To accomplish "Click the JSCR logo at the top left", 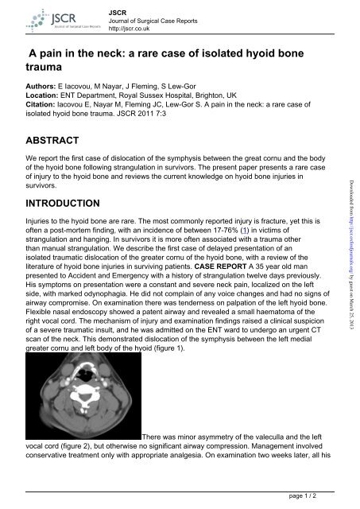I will [x=45, y=20].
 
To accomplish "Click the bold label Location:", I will [x=46, y=92].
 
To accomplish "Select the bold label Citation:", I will [x=45, y=103].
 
